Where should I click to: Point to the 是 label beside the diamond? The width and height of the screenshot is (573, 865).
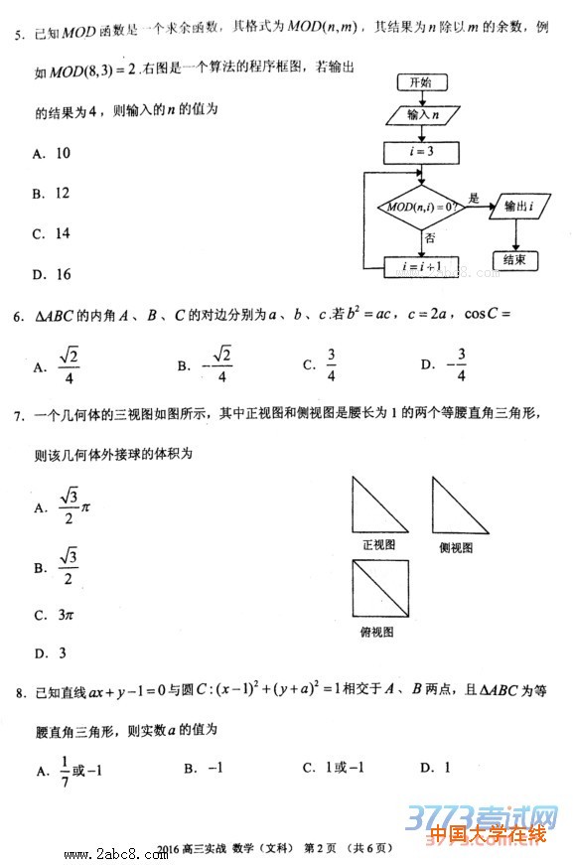474,197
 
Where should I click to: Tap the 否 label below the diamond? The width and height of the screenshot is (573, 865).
429,238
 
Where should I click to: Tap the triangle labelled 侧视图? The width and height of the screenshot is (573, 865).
460,505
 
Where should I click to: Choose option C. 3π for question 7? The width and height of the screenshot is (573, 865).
54,615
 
